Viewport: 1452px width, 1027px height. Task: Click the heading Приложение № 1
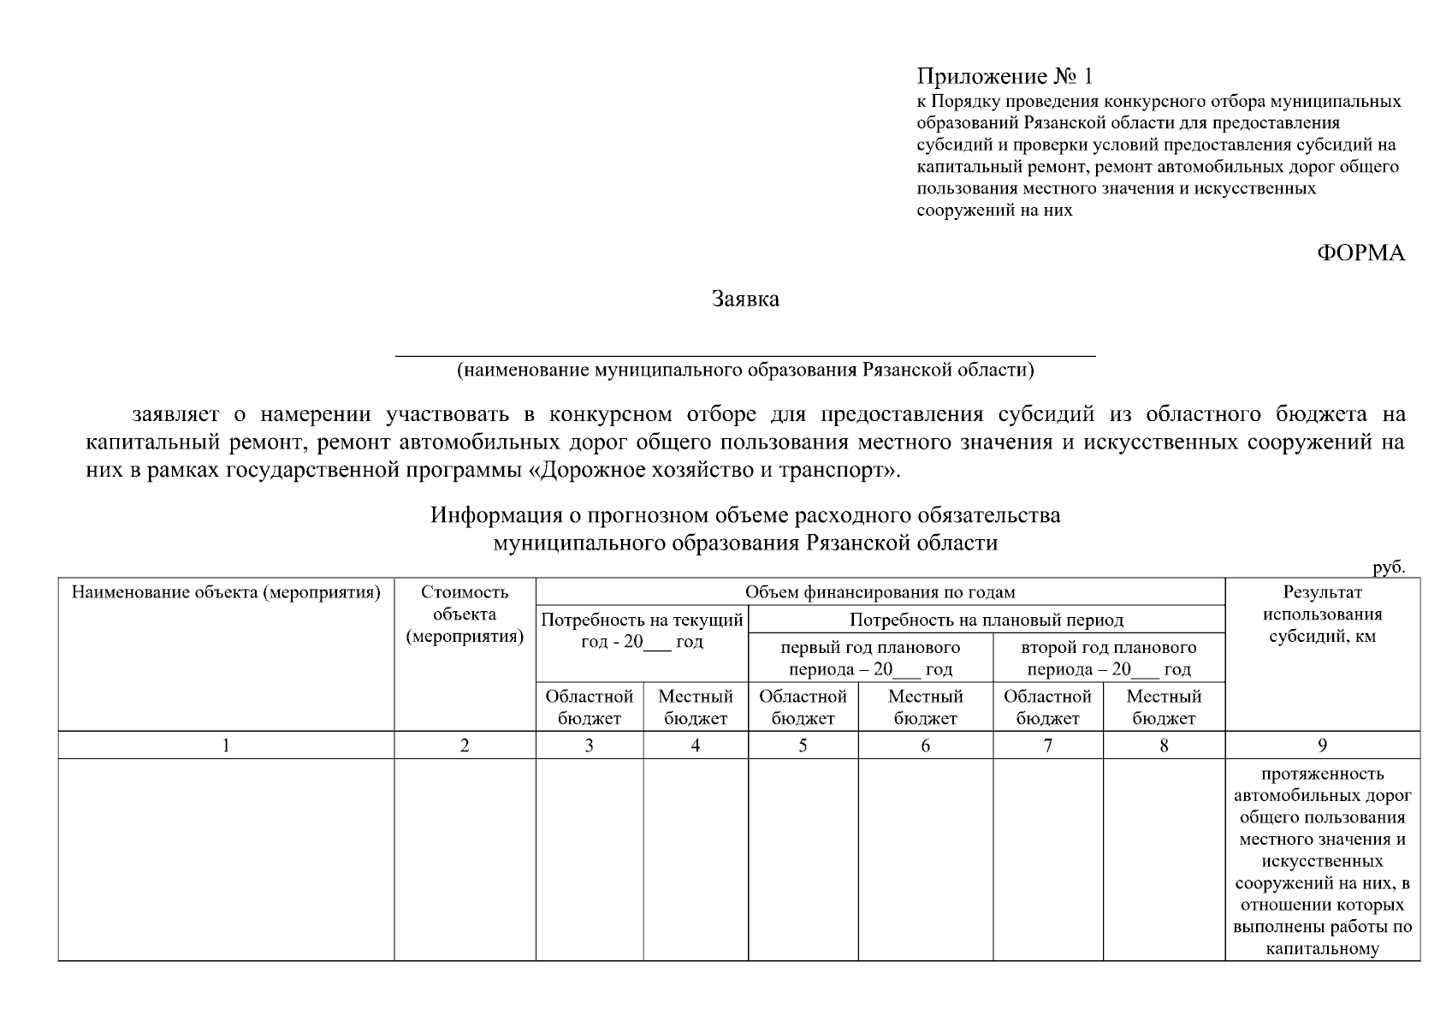pyautogui.click(x=1005, y=77)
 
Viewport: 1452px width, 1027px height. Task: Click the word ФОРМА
pyautogui.click(x=1360, y=253)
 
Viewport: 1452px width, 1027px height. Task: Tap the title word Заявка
pyautogui.click(x=745, y=300)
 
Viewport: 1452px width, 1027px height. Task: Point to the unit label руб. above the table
pyautogui.click(x=1389, y=567)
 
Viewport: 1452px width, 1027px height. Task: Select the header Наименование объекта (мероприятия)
pyautogui.click(x=226, y=592)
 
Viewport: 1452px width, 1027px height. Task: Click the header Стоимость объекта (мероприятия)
pyautogui.click(x=465, y=614)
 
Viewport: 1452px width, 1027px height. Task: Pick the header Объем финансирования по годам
pyautogui.click(x=880, y=592)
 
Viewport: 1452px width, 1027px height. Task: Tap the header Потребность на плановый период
pyautogui.click(x=986, y=620)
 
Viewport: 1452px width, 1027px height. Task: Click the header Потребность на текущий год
pyautogui.click(x=642, y=631)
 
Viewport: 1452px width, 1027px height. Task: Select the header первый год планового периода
pyautogui.click(x=870, y=658)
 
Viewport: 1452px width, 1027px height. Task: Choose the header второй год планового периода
pyautogui.click(x=1108, y=658)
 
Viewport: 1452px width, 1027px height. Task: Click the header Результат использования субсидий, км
pyautogui.click(x=1322, y=614)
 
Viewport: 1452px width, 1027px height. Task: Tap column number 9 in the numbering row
pyautogui.click(x=1322, y=745)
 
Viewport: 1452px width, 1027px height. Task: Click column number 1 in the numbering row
pyautogui.click(x=226, y=745)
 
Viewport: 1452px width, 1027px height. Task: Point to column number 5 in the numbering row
pyautogui.click(x=803, y=745)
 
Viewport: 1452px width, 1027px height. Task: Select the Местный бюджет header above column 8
pyautogui.click(x=1164, y=708)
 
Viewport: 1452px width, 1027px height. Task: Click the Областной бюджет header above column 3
pyautogui.click(x=589, y=708)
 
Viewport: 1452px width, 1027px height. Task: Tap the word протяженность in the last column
pyautogui.click(x=1322, y=775)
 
